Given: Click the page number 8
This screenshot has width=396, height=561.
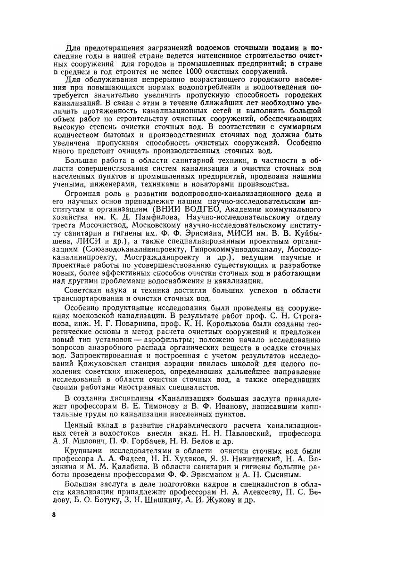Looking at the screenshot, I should [x=55, y=515].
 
